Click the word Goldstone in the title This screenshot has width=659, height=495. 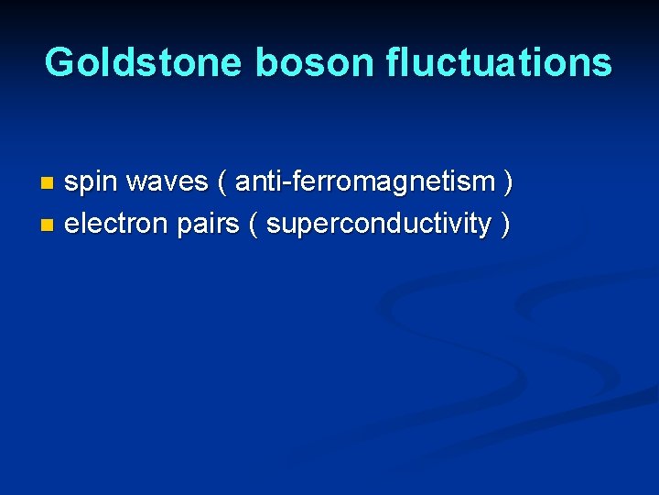tap(143, 62)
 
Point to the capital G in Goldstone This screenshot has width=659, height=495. tap(60, 62)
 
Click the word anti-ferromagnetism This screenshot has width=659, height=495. tap(365, 182)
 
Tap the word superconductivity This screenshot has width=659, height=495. tap(379, 224)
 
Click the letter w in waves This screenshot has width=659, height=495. tap(136, 183)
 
